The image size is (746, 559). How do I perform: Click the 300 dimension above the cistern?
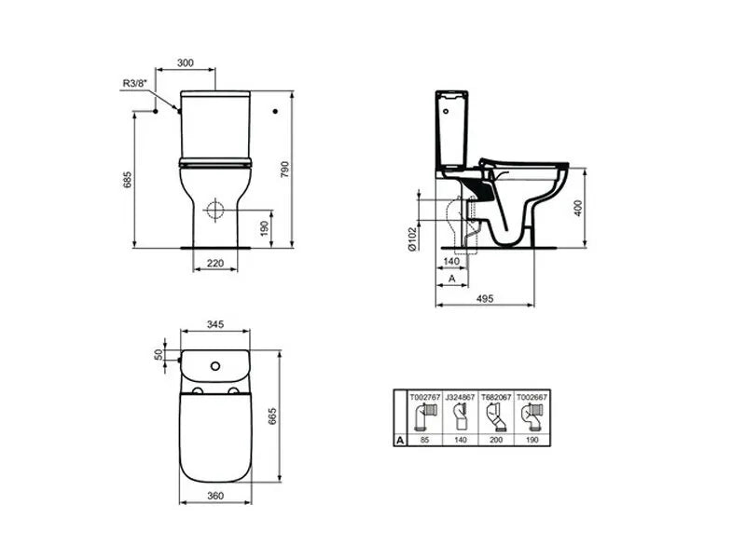pos(185,62)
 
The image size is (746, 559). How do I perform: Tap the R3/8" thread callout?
pos(134,84)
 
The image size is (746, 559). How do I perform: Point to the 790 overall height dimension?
pos(300,170)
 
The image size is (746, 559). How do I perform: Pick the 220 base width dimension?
pos(214,263)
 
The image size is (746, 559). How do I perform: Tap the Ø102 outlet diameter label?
pos(411,237)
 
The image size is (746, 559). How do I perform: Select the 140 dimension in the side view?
pos(451,262)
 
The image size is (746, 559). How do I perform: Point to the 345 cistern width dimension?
pos(214,325)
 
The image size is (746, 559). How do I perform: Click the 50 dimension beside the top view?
pos(159,355)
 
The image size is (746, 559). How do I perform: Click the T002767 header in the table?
pos(425,397)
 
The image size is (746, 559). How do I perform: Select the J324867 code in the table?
pos(461,397)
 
